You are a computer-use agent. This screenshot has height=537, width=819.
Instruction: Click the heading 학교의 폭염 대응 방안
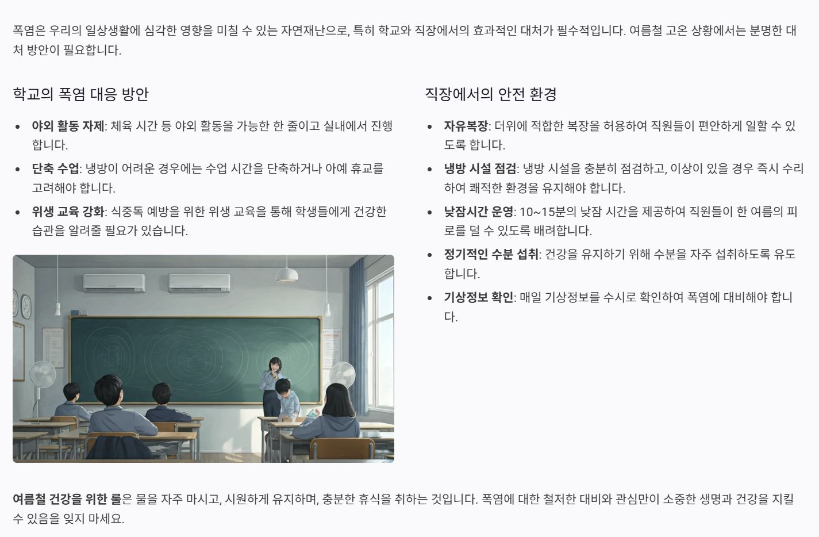pyautogui.click(x=80, y=94)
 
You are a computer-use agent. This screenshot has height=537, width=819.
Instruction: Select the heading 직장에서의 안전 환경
pyautogui.click(x=490, y=94)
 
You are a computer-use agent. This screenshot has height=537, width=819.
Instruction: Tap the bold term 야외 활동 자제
pyautogui.click(x=68, y=126)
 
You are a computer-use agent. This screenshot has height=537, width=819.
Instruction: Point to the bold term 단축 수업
pyautogui.click(x=55, y=168)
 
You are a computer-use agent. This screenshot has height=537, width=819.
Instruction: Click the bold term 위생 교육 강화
pyautogui.click(x=68, y=212)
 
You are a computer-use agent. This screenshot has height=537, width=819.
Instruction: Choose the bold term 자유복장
pyautogui.click(x=466, y=126)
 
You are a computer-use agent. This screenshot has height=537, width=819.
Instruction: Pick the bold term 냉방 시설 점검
pyautogui.click(x=480, y=168)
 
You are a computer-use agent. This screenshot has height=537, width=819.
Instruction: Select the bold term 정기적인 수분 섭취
pyautogui.click(x=491, y=254)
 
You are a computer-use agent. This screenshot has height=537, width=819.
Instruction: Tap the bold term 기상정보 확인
pyautogui.click(x=478, y=297)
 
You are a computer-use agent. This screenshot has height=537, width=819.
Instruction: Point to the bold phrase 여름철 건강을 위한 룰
pyautogui.click(x=67, y=498)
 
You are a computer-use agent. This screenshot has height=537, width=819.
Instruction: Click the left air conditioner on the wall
pyautogui.click(x=113, y=282)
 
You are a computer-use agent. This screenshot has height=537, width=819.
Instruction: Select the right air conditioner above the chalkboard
pyautogui.click(x=199, y=282)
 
